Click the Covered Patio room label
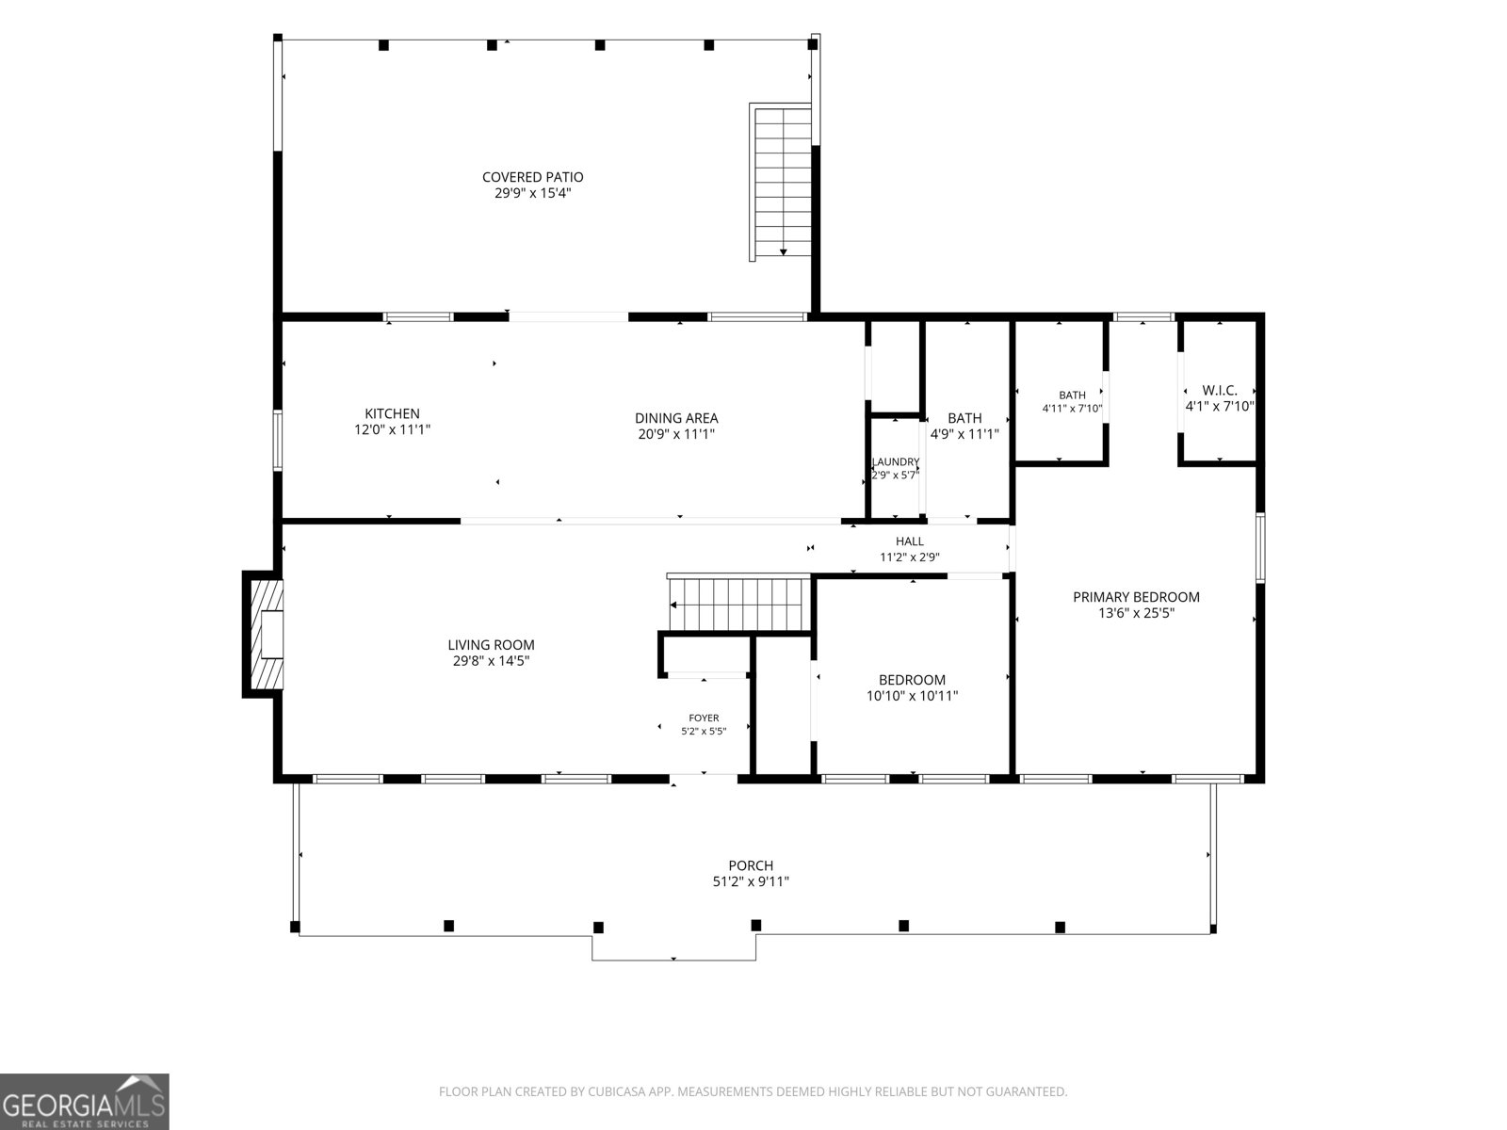point(533,177)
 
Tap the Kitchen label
point(392,413)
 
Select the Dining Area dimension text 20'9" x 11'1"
point(676,433)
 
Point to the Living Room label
point(491,645)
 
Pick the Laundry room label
point(896,461)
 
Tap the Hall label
point(910,541)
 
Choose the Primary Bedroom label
point(1136,597)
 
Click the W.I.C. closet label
point(1220,391)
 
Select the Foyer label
point(704,718)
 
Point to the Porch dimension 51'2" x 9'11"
point(751,881)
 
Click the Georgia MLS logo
point(85,1101)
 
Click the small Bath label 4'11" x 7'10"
point(1072,401)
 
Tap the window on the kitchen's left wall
point(277,441)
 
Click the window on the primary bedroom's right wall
point(1260,547)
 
